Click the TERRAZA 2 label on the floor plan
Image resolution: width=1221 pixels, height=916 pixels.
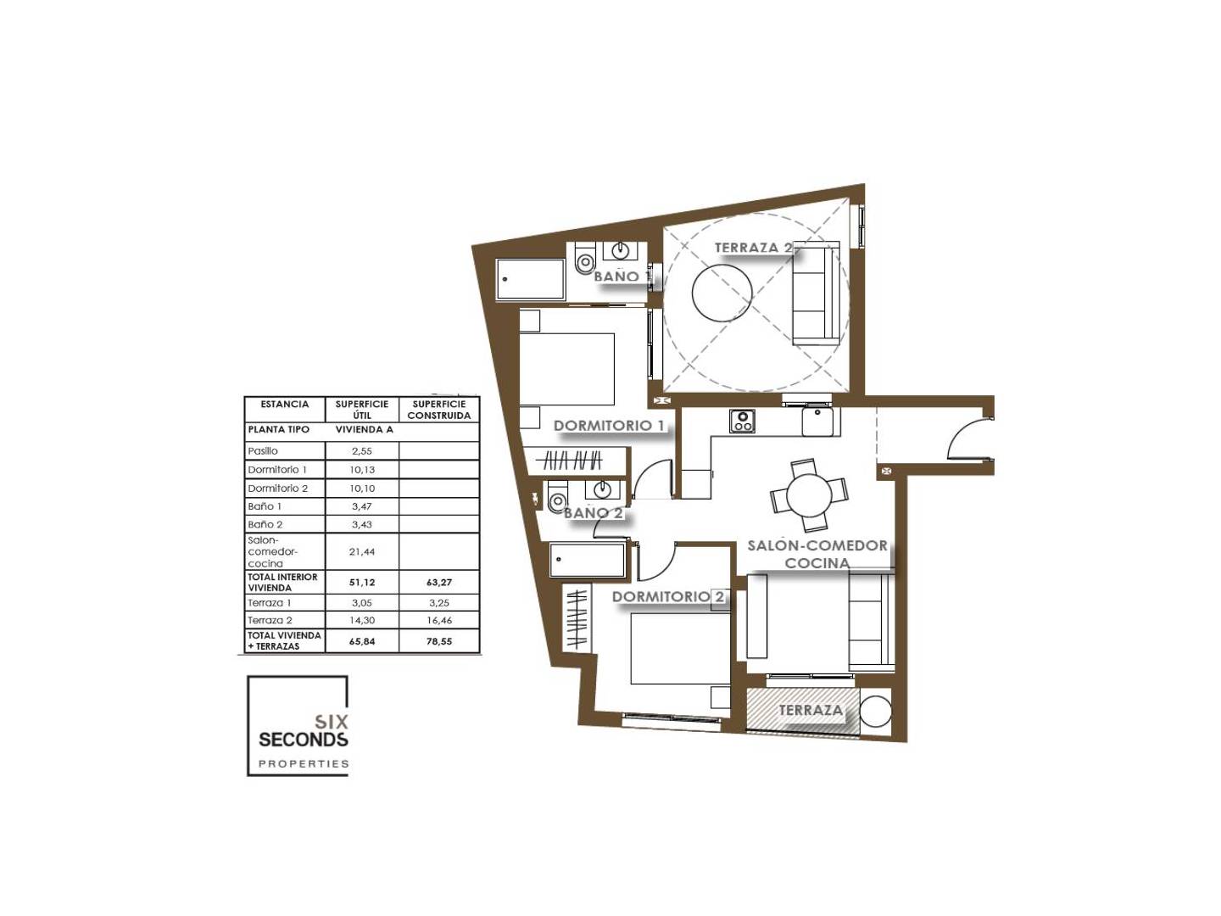753,248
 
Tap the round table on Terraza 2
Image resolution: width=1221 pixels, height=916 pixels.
722,292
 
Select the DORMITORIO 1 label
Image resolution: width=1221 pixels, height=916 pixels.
609,426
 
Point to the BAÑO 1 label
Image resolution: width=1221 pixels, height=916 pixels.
620,276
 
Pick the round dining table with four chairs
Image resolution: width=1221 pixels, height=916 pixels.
809,494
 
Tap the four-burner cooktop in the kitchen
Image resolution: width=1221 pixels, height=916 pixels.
742,421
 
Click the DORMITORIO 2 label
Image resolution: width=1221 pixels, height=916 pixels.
667,597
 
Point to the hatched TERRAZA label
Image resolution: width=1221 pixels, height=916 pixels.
810,710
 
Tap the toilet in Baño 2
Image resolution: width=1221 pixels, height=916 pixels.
557,499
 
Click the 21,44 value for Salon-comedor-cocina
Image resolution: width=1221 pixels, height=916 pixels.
361,551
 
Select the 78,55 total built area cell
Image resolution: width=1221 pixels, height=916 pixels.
439,641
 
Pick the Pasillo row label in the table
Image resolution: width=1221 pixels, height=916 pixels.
263,451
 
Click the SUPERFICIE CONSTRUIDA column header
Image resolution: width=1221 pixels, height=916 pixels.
439,410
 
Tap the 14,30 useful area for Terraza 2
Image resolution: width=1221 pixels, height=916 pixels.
361,620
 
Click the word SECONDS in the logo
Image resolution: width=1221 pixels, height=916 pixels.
304,740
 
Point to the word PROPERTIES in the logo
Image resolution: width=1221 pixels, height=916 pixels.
304,763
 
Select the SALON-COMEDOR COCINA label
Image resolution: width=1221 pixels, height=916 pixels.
817,554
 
